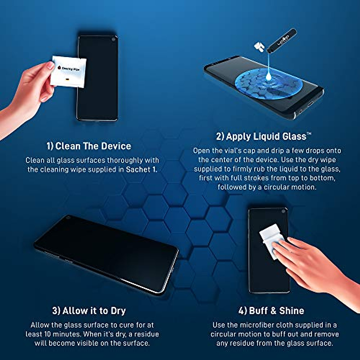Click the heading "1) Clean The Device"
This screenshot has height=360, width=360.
pyautogui.click(x=89, y=146)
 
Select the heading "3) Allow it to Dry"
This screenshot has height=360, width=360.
pyautogui.click(x=89, y=311)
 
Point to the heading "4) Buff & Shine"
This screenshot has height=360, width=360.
pyautogui.click(x=271, y=311)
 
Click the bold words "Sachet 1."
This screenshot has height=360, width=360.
pyautogui.click(x=141, y=169)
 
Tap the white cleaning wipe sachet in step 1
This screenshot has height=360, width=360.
pyautogui.click(x=68, y=71)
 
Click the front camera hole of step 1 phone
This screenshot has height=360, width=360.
pyautogui.click(x=113, y=39)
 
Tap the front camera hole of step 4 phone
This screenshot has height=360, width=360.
pyautogui.click(x=283, y=211)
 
